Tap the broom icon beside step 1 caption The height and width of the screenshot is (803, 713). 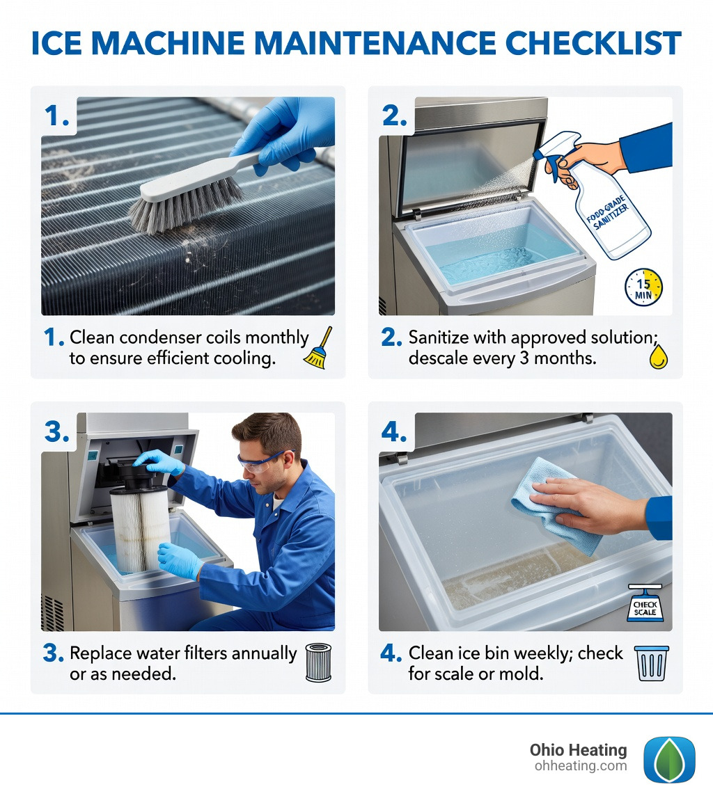coord(319,347)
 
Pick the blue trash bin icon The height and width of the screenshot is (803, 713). coord(651,662)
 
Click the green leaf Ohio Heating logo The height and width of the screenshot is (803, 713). coord(668,759)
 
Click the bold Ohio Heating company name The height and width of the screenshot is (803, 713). coord(578,750)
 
